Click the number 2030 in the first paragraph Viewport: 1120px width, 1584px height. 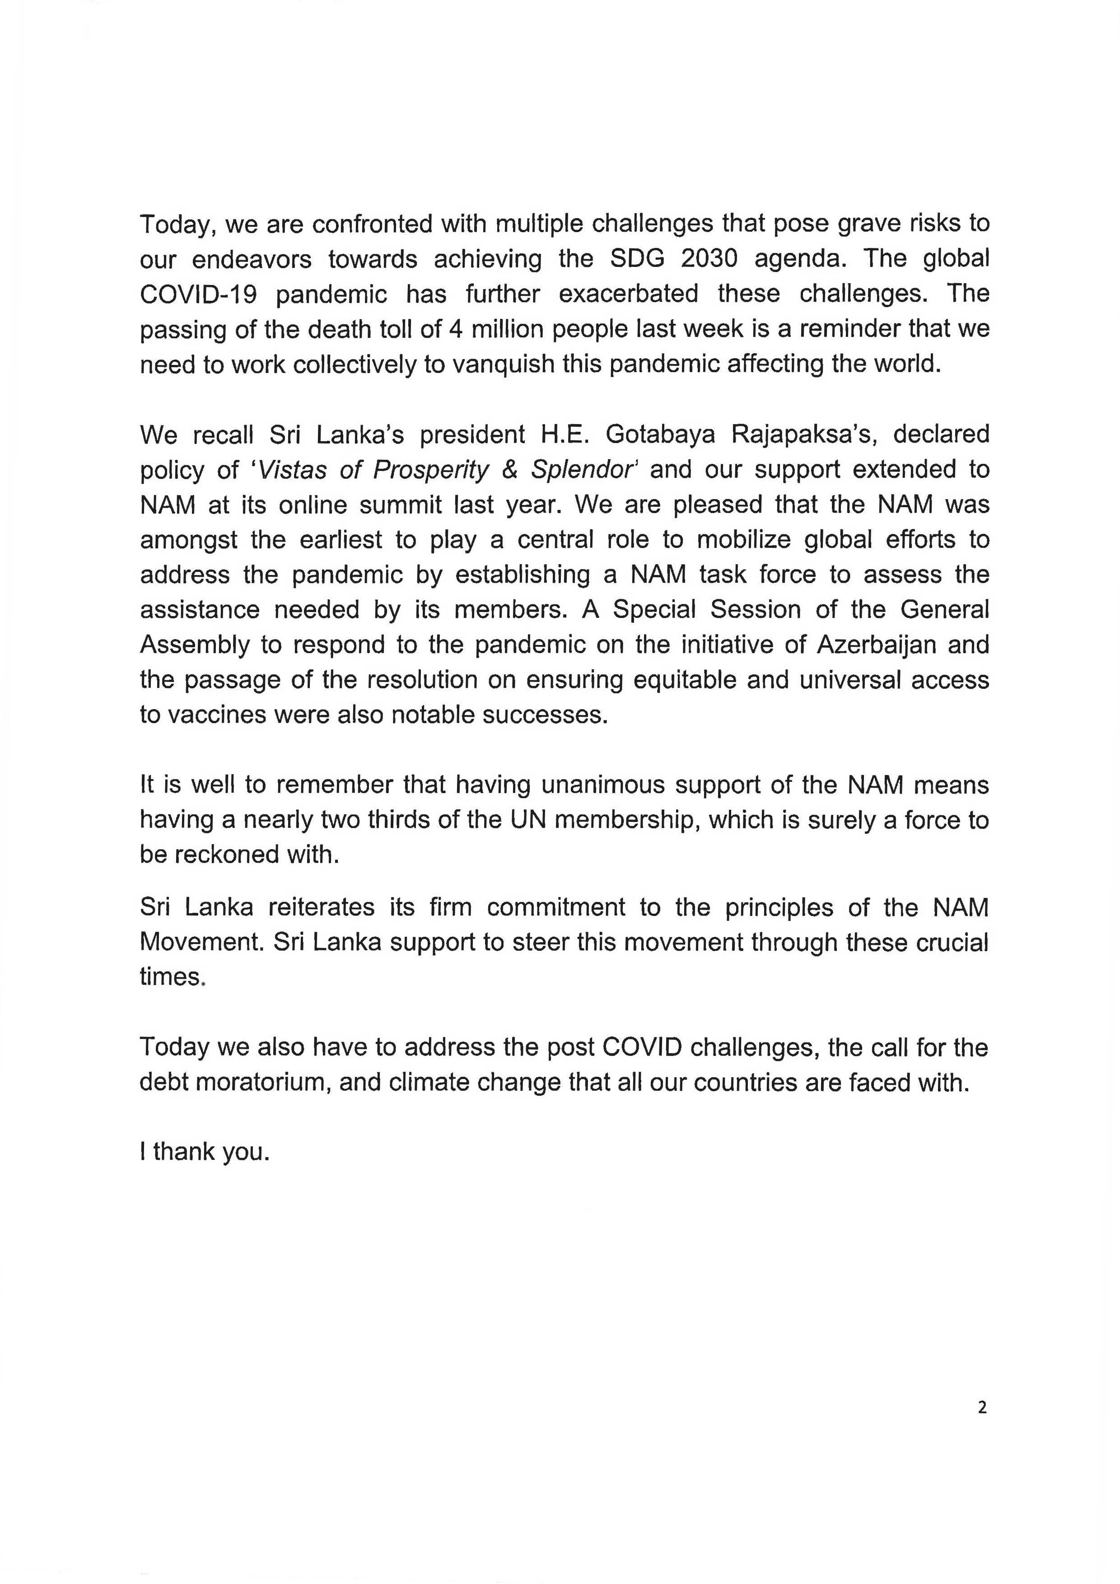709,259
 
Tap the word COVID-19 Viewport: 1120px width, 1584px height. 199,294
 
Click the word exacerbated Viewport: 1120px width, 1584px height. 628,294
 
